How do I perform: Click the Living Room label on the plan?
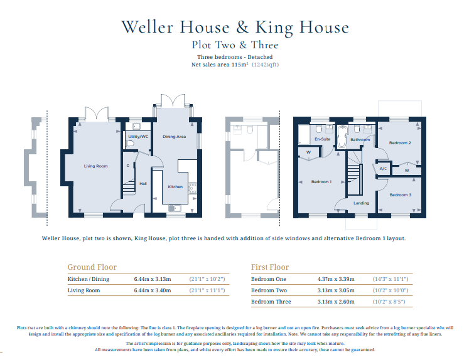click(95, 166)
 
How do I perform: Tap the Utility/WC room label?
click(138, 137)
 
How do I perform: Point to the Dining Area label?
click(174, 137)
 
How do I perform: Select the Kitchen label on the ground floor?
click(175, 187)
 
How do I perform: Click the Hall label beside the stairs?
click(143, 184)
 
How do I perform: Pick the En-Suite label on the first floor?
click(323, 139)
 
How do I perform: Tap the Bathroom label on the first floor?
click(360, 140)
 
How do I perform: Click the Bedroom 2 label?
click(400, 143)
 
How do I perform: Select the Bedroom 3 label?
click(401, 195)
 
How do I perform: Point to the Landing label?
click(361, 203)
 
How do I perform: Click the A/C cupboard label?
click(383, 169)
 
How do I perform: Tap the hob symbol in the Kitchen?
click(193, 188)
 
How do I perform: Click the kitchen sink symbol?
click(175, 208)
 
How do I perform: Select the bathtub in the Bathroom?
click(342, 137)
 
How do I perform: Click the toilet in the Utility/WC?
click(131, 144)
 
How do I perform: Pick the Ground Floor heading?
click(92, 267)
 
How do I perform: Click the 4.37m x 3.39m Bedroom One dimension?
click(336, 279)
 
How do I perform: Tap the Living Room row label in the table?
click(83, 290)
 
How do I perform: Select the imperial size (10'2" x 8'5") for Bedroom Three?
click(389, 302)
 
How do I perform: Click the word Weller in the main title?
click(147, 27)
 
